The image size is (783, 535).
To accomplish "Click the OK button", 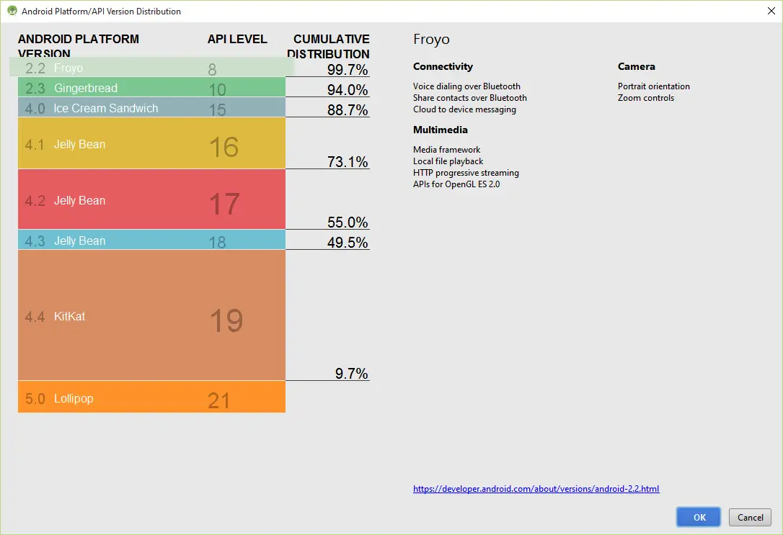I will pyautogui.click(x=698, y=517).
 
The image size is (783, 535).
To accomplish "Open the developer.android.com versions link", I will pyautogui.click(x=536, y=489).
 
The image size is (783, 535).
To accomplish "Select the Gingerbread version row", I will pyautogui.click(x=151, y=88).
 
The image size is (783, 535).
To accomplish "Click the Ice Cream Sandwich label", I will pyautogui.click(x=105, y=108).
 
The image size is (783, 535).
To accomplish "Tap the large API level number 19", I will pyautogui.click(x=226, y=320).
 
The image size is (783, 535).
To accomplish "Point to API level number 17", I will pyautogui.click(x=224, y=204).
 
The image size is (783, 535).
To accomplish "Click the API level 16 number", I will pyautogui.click(x=224, y=147).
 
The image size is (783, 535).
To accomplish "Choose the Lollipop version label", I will pyautogui.click(x=74, y=398).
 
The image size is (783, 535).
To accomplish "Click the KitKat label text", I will pyautogui.click(x=69, y=316).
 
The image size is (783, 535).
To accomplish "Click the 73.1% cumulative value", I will pyautogui.click(x=348, y=162).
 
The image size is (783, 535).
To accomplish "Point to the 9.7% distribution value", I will pyautogui.click(x=351, y=374).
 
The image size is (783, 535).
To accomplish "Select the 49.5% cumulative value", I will pyautogui.click(x=348, y=243).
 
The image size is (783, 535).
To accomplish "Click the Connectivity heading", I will pyautogui.click(x=443, y=66).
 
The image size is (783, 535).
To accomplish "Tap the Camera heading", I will pyautogui.click(x=636, y=66).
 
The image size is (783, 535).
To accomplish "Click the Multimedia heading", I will pyautogui.click(x=440, y=130).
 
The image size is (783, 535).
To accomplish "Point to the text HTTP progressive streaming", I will pyautogui.click(x=466, y=173).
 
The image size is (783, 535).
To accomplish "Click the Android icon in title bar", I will pyautogui.click(x=12, y=11).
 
